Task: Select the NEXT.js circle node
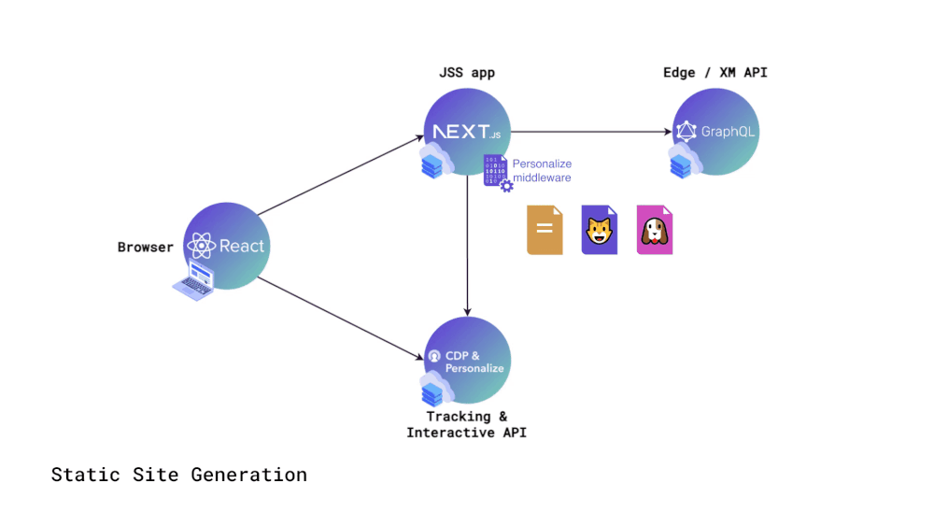[467, 133]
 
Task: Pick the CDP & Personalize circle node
[467, 361]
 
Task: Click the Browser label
[145, 248]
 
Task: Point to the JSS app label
[466, 72]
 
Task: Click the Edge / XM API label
[715, 72]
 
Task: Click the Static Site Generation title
[178, 475]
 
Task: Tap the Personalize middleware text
[542, 170]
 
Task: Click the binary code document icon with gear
[497, 172]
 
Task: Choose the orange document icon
[545, 230]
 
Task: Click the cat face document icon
[600, 230]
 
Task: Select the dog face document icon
[654, 230]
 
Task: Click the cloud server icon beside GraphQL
[685, 161]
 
